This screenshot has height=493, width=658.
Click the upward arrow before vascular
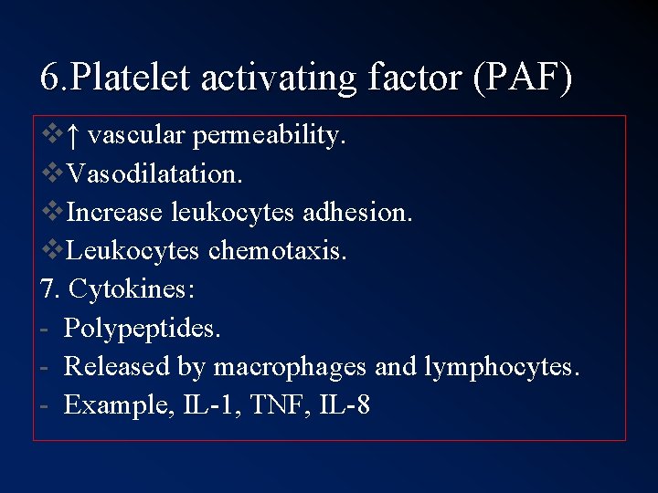[73, 136]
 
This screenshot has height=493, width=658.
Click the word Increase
[116, 212]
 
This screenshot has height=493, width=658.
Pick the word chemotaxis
[278, 250]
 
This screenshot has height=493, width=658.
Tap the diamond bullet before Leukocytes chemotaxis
[52, 250]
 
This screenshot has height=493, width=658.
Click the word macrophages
[290, 366]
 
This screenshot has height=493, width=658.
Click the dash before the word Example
[45, 404]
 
